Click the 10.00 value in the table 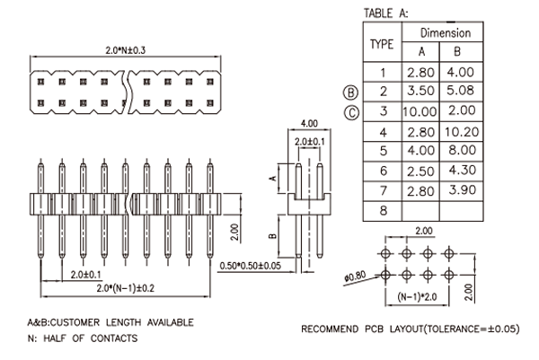pyautogui.click(x=420, y=111)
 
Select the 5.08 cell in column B pyautogui.click(x=460, y=91)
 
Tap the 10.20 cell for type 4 pyautogui.click(x=462, y=132)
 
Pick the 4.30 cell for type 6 pyautogui.click(x=462, y=170)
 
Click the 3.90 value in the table pyautogui.click(x=462, y=190)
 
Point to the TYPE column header pyautogui.click(x=382, y=44)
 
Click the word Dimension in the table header pyautogui.click(x=446, y=33)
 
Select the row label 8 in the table pyautogui.click(x=384, y=210)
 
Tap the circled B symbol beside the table pyautogui.click(x=350, y=92)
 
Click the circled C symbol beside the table pyautogui.click(x=351, y=113)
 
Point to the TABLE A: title pyautogui.click(x=386, y=13)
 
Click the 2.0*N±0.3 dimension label pyautogui.click(x=125, y=50)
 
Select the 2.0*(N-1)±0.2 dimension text pyautogui.click(x=125, y=288)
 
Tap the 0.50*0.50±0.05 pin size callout pyautogui.click(x=251, y=266)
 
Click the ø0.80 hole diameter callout pyautogui.click(x=356, y=276)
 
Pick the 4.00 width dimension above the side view pyautogui.click(x=309, y=123)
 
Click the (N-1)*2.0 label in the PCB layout pyautogui.click(x=417, y=296)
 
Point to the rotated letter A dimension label pyautogui.click(x=272, y=178)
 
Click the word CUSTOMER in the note pyautogui.click(x=75, y=322)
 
